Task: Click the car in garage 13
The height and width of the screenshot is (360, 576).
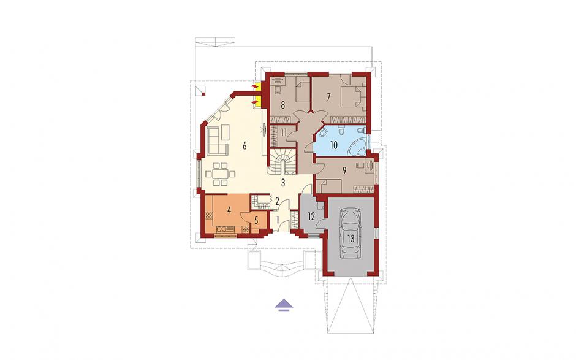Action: coord(351,234)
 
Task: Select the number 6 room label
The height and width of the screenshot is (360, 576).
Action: coord(244,146)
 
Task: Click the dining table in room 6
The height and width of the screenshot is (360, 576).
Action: coord(221,174)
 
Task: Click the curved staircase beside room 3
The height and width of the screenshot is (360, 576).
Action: coord(283,163)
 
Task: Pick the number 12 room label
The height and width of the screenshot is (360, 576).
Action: coord(311,216)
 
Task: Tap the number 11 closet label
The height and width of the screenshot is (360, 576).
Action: coord(283,132)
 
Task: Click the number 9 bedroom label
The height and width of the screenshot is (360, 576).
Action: coord(344,170)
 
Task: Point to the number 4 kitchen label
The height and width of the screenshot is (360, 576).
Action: coord(229,211)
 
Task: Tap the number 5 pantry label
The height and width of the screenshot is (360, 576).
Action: coord(256,221)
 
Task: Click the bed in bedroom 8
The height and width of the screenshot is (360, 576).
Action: coord(302,92)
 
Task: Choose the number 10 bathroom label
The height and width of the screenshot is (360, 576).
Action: coord(333,145)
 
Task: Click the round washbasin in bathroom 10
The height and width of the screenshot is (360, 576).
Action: coord(322,134)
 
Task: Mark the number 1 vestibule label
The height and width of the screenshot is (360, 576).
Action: coord(278,220)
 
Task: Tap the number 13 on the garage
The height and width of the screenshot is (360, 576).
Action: coord(351,239)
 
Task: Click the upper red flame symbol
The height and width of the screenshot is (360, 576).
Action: coord(254,86)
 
